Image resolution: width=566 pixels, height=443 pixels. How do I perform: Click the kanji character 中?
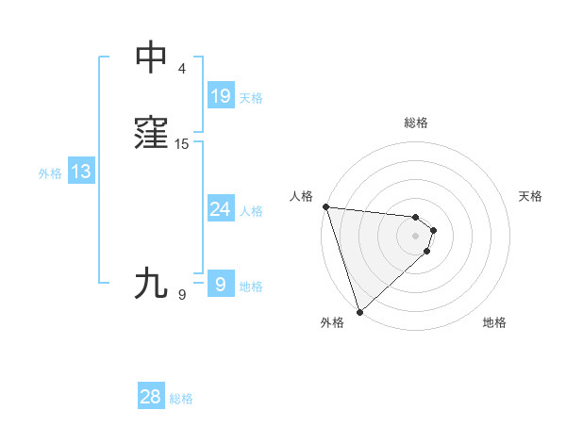point(152,58)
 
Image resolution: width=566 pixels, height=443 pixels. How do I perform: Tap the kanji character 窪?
point(152,134)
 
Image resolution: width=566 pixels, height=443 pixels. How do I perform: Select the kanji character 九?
point(152,284)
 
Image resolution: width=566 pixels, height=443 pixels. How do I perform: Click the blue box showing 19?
point(220,96)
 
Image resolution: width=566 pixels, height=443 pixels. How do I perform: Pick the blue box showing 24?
point(220,209)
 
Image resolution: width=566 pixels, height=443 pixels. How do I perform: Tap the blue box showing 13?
point(81,172)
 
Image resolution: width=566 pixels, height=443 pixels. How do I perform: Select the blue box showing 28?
point(150,397)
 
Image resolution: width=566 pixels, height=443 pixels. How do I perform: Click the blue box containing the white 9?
point(220,284)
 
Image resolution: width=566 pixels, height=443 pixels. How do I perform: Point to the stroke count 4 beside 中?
point(182,69)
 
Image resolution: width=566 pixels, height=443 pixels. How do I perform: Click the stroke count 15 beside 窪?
point(182,144)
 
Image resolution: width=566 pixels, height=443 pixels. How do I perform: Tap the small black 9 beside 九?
point(182,295)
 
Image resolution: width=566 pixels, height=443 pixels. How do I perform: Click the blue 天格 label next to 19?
point(251,97)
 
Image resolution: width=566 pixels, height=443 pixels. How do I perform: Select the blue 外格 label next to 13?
point(50,173)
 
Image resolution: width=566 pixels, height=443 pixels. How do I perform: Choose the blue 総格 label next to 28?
point(181,399)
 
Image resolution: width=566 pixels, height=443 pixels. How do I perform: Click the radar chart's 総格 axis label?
point(416,123)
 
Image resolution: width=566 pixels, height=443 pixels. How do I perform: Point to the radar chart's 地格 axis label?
point(494,322)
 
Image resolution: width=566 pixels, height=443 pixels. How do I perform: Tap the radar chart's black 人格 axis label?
point(302,196)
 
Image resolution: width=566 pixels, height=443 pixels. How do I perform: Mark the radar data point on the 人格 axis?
point(325,206)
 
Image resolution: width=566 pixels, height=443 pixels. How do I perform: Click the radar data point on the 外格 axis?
point(359,311)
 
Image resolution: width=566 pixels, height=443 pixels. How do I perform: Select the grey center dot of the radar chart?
point(416,235)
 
